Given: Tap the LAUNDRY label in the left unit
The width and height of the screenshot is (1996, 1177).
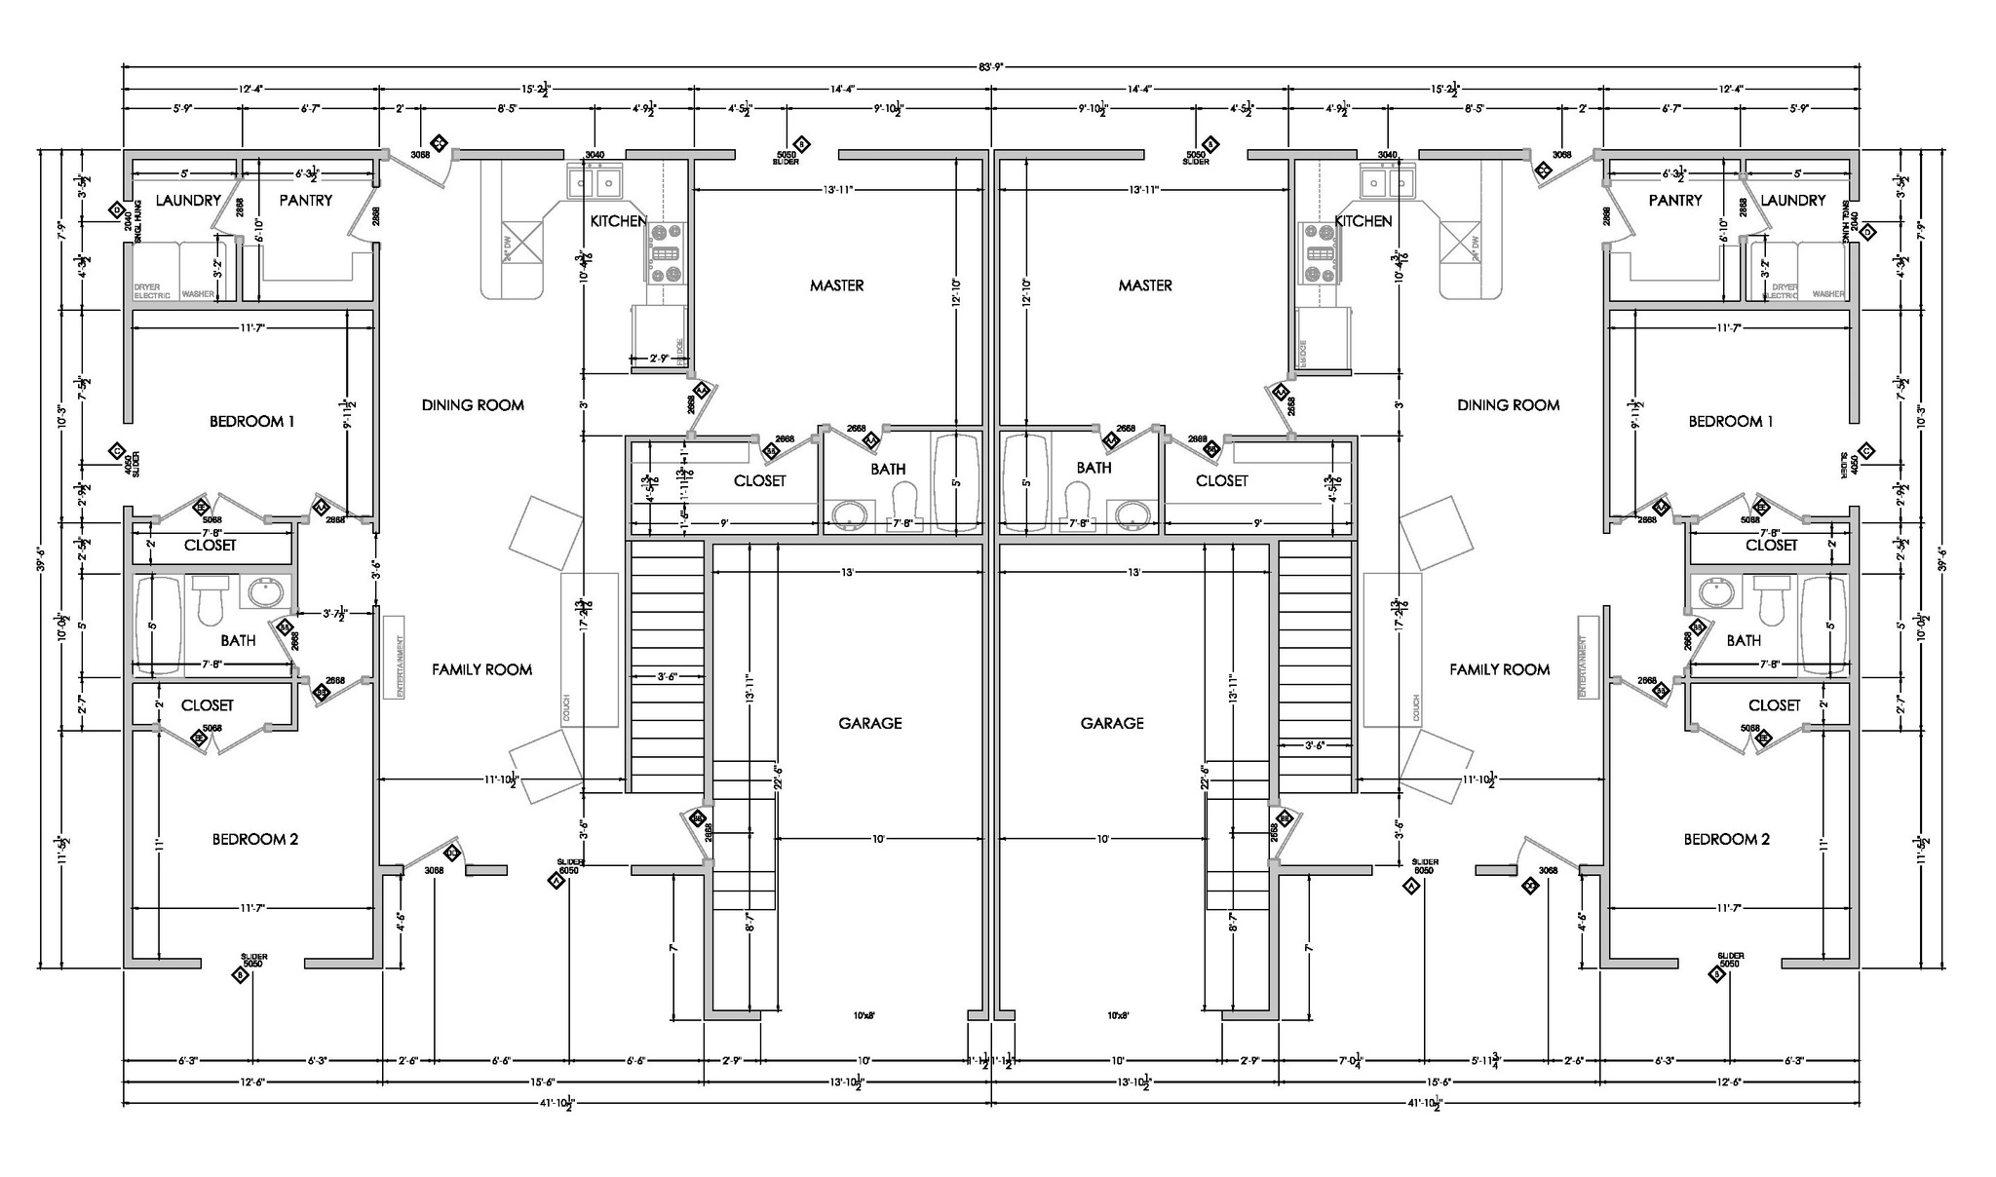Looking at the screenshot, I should (188, 201).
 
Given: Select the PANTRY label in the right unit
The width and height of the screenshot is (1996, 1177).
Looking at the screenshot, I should (1675, 201).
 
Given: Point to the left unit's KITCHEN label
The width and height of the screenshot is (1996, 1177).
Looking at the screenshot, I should (618, 221).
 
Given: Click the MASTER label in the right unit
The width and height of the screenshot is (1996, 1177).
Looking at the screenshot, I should (1145, 285).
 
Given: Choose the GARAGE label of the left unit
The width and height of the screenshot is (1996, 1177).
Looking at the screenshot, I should (869, 723).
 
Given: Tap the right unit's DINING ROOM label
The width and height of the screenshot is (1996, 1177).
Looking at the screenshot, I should (1508, 405).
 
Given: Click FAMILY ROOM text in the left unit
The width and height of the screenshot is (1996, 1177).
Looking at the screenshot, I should (481, 669).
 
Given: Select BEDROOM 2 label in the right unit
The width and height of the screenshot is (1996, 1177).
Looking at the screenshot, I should (1726, 840).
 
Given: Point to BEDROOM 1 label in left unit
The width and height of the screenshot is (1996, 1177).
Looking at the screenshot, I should (251, 422).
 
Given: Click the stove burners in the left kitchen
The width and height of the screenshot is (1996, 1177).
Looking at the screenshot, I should (667, 253).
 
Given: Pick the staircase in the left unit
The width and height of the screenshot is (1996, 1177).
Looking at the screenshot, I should (667, 668).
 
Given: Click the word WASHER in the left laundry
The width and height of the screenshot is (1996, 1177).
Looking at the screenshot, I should (198, 293).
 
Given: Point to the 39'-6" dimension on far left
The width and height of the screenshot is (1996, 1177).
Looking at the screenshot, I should (42, 563).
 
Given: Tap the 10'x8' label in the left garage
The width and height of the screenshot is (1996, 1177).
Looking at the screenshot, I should (864, 1015).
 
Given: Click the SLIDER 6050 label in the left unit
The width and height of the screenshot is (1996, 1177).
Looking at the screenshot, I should (568, 866).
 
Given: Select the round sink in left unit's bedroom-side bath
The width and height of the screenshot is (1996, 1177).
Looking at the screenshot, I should (264, 591).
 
